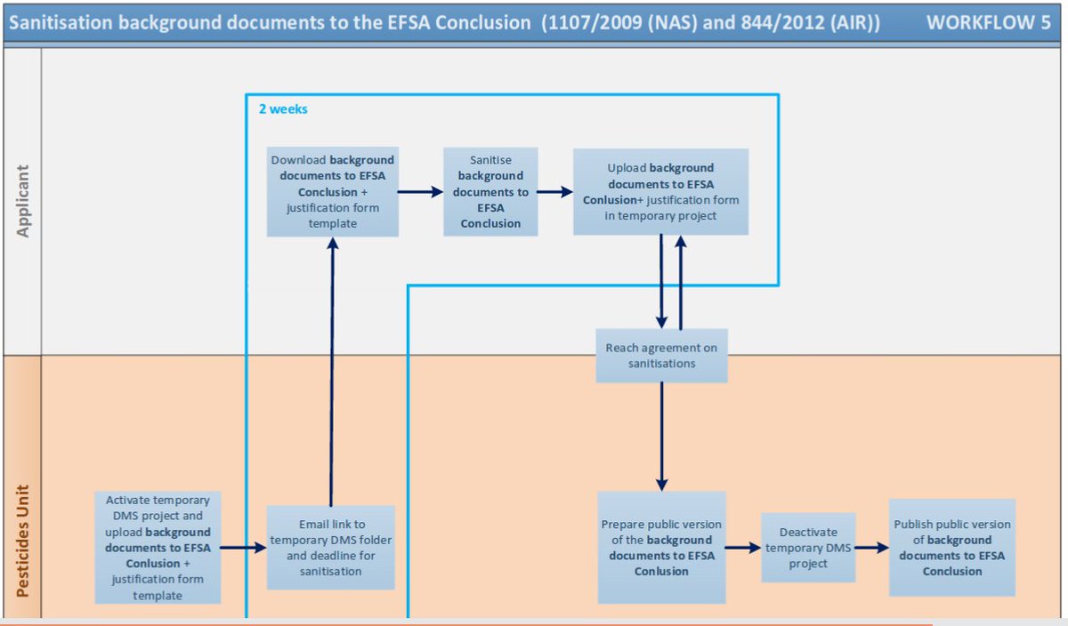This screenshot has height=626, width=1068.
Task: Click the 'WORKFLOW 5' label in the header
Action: [x=988, y=23]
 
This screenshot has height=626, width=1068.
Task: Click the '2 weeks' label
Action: [x=283, y=109]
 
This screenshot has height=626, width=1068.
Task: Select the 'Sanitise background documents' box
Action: [x=490, y=191]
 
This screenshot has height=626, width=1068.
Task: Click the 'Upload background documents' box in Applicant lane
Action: [x=660, y=191]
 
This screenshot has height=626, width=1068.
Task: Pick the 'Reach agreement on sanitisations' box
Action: [x=661, y=355]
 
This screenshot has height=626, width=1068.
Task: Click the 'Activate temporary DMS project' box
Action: [x=158, y=548]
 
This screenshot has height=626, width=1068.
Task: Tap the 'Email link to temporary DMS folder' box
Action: [x=330, y=548]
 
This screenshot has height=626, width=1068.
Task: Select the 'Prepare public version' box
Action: [x=661, y=548]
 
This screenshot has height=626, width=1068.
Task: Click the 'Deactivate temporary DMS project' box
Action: [x=808, y=548]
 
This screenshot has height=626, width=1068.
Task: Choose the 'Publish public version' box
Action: [x=951, y=548]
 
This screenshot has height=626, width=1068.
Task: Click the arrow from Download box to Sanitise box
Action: [x=420, y=191]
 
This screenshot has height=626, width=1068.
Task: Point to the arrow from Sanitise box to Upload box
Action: [x=554, y=191]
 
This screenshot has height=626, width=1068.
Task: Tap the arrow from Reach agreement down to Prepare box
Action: [x=661, y=436]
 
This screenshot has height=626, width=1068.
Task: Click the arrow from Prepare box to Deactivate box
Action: [x=743, y=548]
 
